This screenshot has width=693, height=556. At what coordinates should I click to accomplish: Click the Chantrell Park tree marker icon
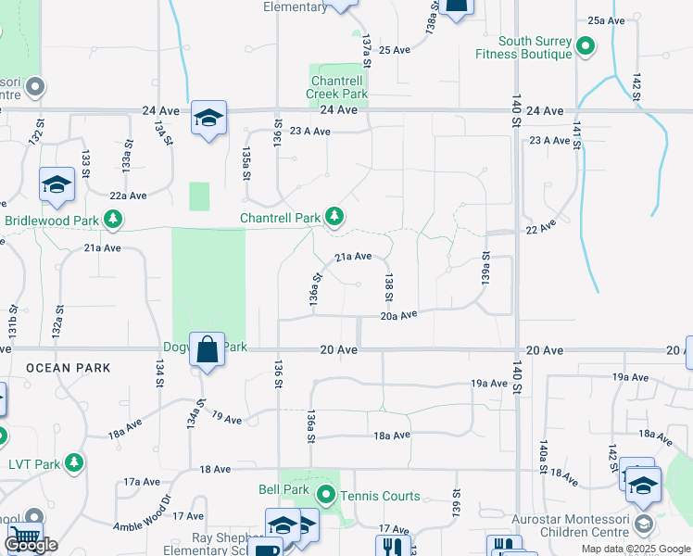[x=334, y=217]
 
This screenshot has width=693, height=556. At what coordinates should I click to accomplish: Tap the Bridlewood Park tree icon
[x=113, y=220]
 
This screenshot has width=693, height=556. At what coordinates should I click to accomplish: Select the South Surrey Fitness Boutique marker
[x=586, y=44]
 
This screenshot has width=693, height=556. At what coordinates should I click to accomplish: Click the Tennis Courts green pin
[x=325, y=496]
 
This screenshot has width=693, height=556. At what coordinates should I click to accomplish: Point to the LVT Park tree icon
[x=73, y=462]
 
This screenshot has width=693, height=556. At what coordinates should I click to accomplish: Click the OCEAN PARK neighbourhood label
[x=69, y=368]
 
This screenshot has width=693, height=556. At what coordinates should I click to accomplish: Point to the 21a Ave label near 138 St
[x=353, y=257]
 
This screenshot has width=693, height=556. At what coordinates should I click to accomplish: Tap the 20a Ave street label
[x=399, y=316]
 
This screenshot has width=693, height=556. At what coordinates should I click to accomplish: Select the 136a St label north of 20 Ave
[x=316, y=289]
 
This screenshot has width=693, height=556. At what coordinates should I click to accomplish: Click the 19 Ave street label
[x=226, y=419]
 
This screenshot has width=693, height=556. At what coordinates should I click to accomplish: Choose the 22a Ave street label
[x=128, y=196]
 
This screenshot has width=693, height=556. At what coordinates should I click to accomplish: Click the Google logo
[x=31, y=545]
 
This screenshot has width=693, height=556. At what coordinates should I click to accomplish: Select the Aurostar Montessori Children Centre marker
[x=642, y=525]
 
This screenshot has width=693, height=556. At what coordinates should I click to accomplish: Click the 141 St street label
[x=577, y=133]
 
